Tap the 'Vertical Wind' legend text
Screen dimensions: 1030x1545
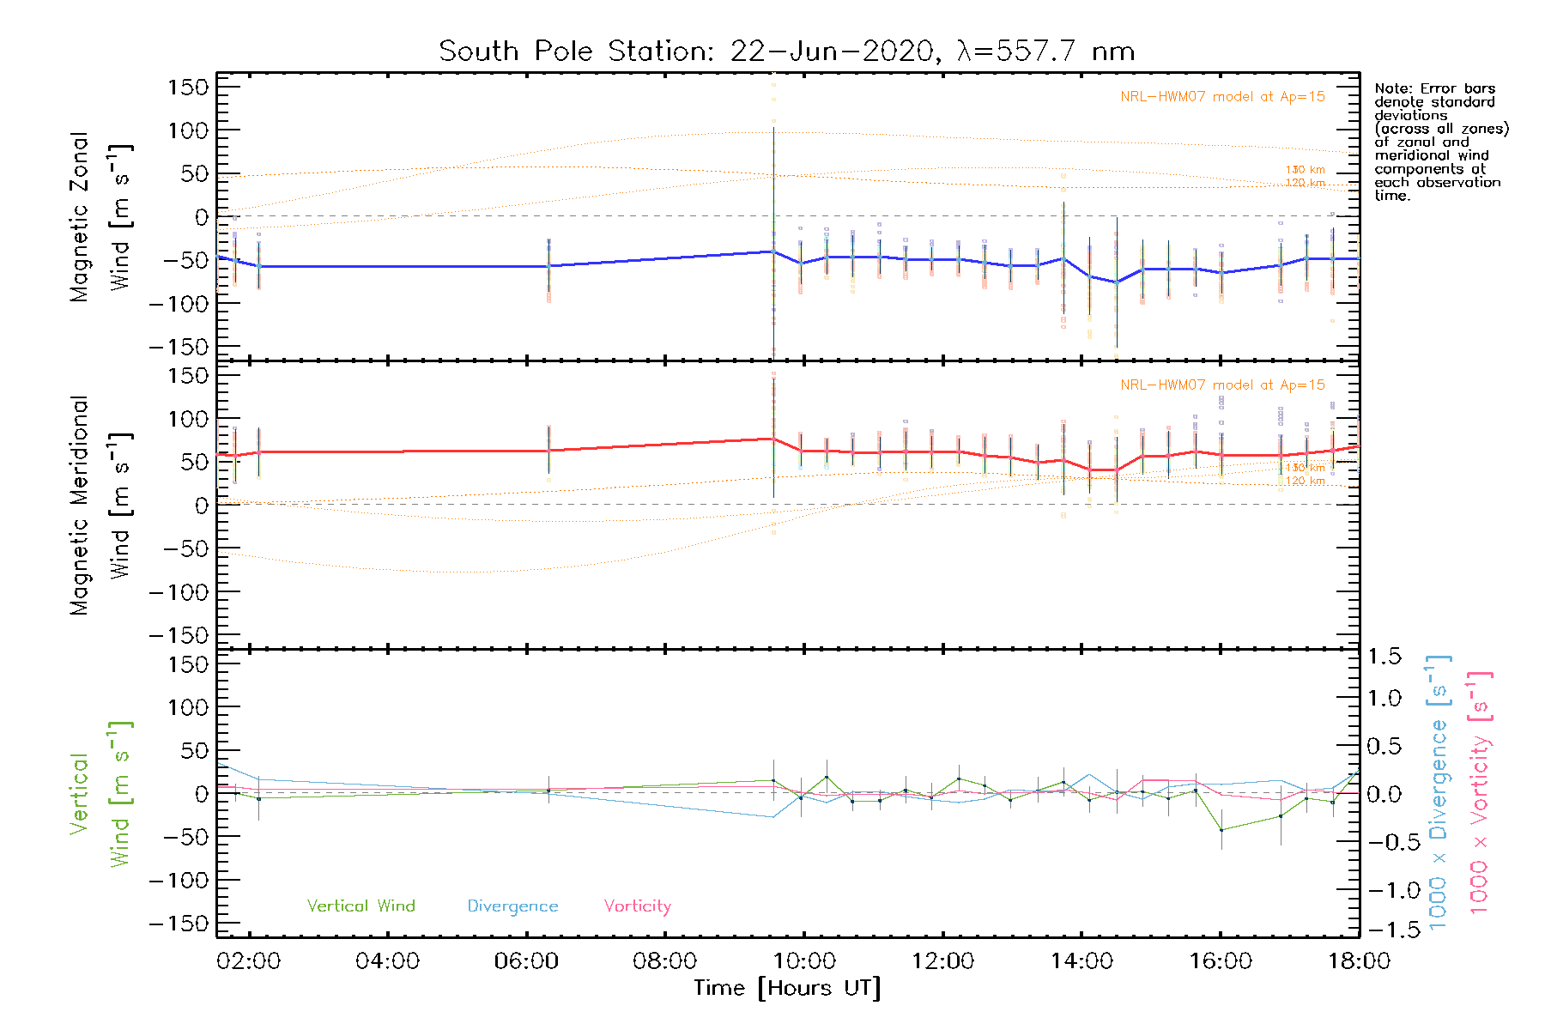[x=360, y=906]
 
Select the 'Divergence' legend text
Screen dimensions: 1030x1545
[x=512, y=906]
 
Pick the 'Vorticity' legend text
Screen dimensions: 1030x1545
[x=637, y=906]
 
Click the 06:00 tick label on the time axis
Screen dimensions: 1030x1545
[x=526, y=961]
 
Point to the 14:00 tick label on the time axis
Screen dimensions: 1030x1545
[x=1081, y=961]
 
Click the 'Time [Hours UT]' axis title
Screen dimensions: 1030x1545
[x=786, y=989]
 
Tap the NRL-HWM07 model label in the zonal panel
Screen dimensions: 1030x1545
[x=1222, y=97]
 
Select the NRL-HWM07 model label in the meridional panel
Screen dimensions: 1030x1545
[x=1222, y=385]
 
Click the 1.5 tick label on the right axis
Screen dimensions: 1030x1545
[x=1384, y=657]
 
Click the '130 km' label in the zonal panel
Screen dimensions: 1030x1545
[x=1305, y=170]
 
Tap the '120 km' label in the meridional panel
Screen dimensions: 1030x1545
[x=1305, y=481]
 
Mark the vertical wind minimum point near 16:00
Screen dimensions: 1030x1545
[x=1221, y=830]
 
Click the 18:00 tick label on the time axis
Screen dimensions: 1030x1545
[x=1359, y=961]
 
